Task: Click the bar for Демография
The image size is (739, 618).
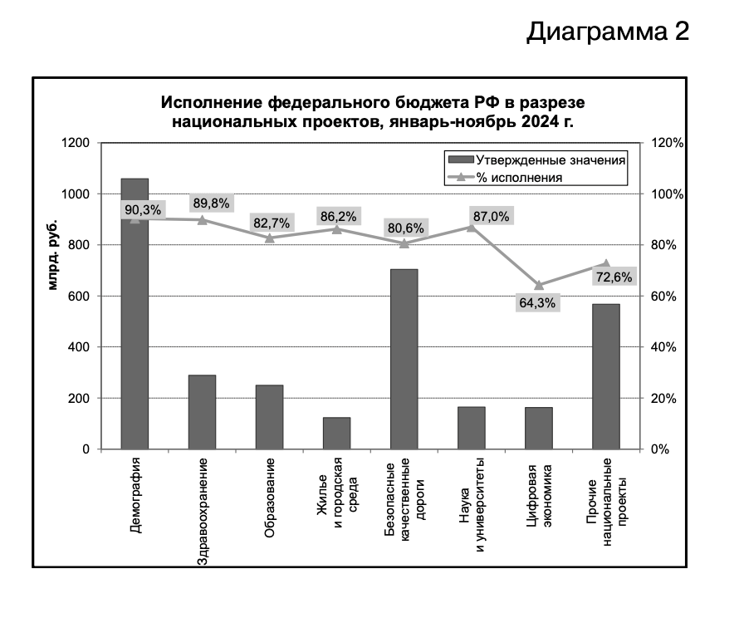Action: (135, 332)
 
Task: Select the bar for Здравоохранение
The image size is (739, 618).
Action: (202, 412)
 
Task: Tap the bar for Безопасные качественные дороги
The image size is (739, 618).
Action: (404, 359)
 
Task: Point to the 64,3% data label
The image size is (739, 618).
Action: (537, 303)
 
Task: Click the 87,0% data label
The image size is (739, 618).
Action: (491, 216)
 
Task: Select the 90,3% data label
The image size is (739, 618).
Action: (143, 211)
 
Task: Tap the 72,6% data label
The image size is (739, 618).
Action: (613, 277)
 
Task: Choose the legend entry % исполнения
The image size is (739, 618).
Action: (524, 177)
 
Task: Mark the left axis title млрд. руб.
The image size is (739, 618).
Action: (52, 256)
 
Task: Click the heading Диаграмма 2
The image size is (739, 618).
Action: (608, 32)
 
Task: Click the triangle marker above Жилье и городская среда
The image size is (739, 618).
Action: (336, 228)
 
